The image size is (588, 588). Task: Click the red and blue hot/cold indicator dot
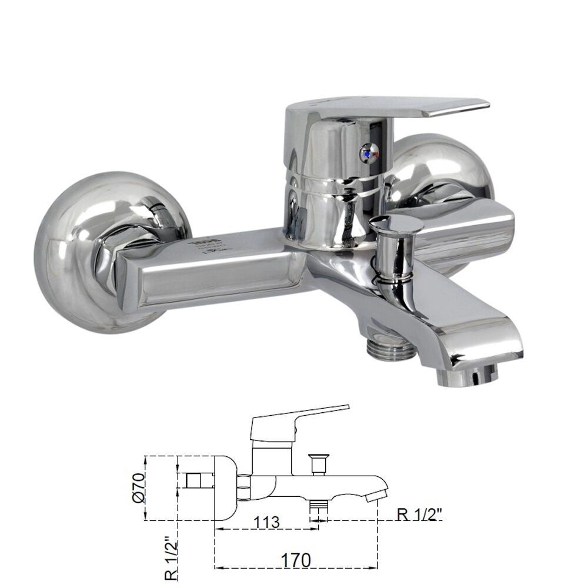coord(369,153)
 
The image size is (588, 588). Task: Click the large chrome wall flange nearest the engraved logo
coord(88,253)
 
